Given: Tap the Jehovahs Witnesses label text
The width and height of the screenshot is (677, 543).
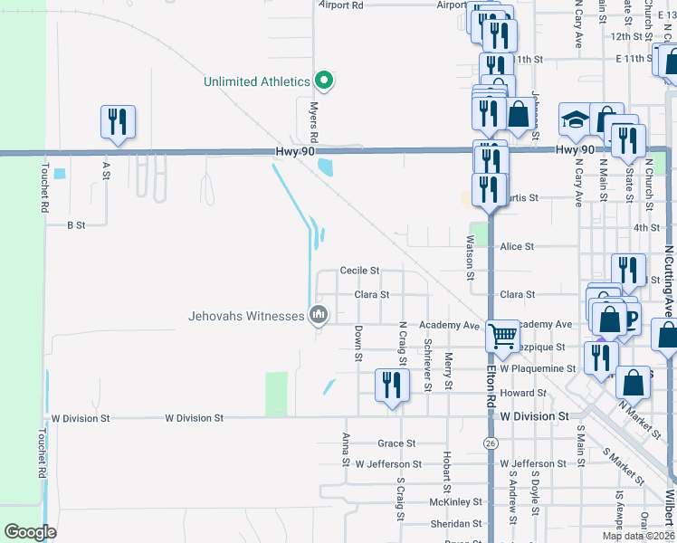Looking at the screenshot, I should [x=246, y=316].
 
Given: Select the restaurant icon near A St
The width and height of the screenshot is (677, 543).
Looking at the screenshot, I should [x=118, y=122].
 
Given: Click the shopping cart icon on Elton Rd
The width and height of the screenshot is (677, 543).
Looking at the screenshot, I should [x=502, y=336].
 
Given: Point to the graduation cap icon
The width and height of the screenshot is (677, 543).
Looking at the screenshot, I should [x=576, y=119].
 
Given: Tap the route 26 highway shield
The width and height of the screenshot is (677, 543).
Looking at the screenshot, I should [x=491, y=443].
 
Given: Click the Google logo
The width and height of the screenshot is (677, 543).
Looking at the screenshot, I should [x=31, y=531].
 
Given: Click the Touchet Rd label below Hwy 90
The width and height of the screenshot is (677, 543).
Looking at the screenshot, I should [x=43, y=188].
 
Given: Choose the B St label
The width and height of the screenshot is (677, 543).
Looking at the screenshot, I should [x=76, y=224].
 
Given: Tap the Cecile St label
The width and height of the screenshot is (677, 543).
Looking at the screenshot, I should [x=359, y=271].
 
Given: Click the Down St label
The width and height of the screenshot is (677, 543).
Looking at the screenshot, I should [x=358, y=344].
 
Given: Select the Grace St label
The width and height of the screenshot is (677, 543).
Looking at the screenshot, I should [x=396, y=443].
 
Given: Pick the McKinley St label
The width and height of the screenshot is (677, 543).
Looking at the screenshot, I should [x=456, y=501].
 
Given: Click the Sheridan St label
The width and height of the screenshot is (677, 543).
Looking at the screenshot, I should [x=456, y=523].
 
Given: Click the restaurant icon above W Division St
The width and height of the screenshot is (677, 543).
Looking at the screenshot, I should [x=392, y=386].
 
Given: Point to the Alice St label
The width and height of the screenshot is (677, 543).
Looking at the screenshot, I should [x=518, y=246].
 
